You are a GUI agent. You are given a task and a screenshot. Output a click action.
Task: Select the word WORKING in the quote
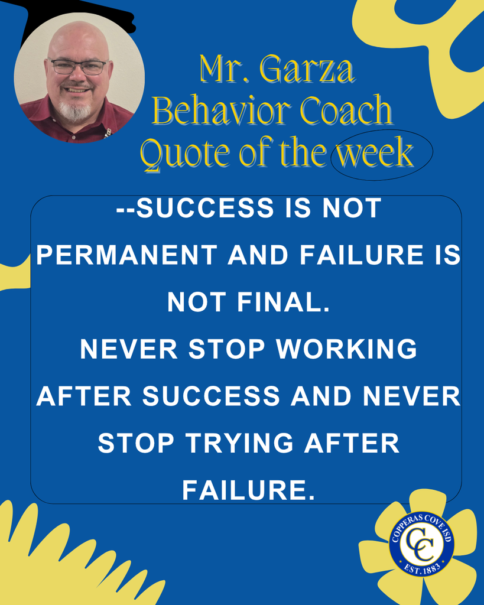coord(347,350)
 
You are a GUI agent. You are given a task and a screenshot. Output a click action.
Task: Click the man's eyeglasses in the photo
coord(79,67)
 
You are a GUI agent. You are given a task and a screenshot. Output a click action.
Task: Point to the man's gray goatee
coord(75,109)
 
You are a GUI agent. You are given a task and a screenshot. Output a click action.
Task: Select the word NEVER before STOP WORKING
coord(128,350)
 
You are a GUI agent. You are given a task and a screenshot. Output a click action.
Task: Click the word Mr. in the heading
coord(219,70)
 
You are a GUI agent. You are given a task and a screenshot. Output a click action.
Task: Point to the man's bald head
coord(77,38)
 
